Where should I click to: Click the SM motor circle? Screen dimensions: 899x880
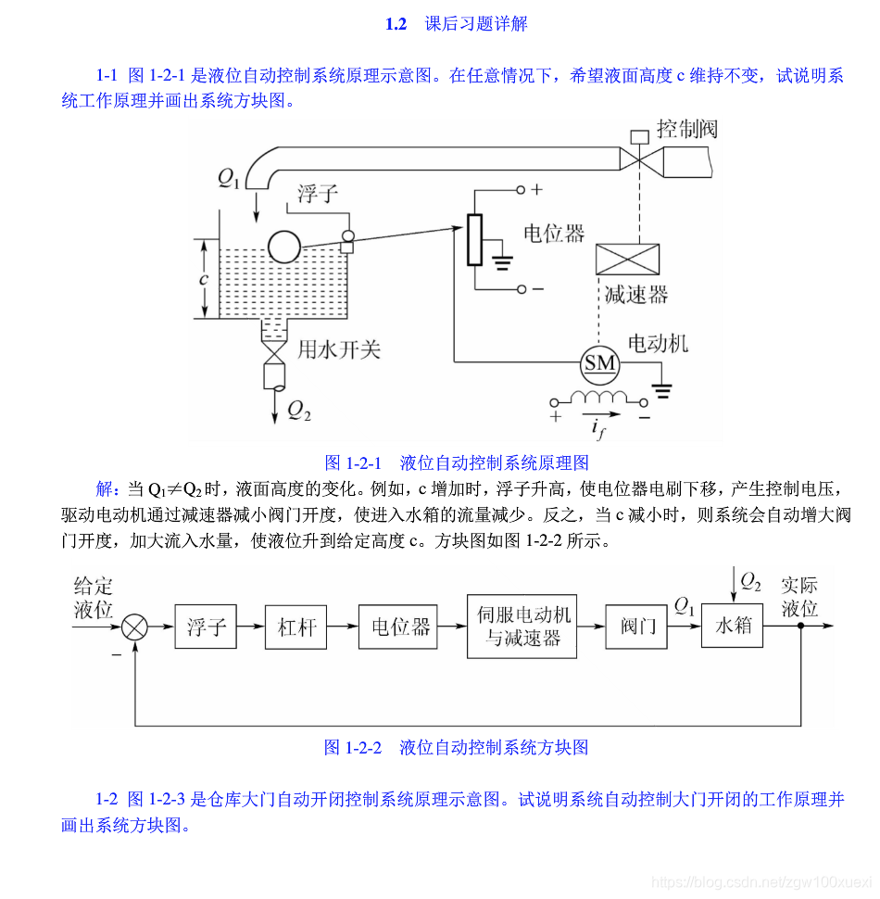coord(599,363)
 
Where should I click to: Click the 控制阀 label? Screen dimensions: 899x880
coord(686,129)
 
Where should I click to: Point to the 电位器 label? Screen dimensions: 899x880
coord(554,233)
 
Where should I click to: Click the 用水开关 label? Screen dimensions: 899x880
coord(338,350)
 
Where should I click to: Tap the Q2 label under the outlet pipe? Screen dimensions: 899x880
coord(298,411)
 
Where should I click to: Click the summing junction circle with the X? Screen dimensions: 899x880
coord(135,627)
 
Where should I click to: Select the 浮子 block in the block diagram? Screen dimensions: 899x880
coord(206,627)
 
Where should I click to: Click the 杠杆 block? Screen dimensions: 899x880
coord(296,627)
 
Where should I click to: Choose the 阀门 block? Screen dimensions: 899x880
coord(637,627)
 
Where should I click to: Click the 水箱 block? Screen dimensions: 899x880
coord(733,626)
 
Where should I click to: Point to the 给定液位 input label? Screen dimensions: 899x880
coord(93,598)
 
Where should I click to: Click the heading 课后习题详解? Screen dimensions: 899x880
coord(476,24)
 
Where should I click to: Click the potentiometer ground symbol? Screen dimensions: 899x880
coord(503,262)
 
